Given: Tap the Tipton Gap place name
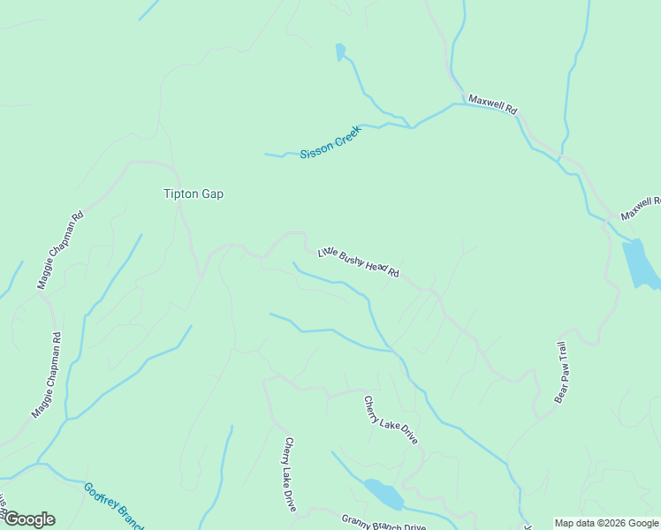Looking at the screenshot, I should pos(194,194).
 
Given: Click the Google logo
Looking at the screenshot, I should pos(29,519).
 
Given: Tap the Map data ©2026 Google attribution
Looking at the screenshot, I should pos(606,523).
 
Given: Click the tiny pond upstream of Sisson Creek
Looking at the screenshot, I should pos(340,52).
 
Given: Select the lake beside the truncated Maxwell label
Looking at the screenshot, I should pos(640,264).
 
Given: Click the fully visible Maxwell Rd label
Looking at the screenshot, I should pos(492,104).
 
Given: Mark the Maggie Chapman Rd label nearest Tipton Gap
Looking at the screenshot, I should pos(59,250).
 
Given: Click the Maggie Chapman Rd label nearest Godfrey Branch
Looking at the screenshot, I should pos(47,375).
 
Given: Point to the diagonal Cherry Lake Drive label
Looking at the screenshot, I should pos(390,420).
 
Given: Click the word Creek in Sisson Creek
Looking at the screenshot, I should pos(346,135).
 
